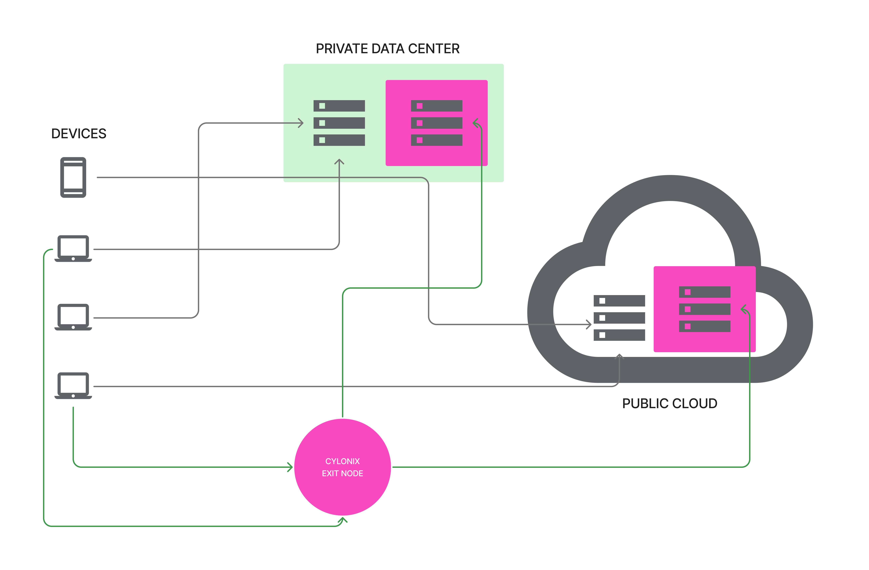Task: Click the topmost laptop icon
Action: (x=73, y=249)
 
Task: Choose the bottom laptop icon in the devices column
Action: (x=73, y=385)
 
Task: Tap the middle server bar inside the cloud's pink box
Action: (x=704, y=309)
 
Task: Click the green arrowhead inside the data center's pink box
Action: (x=476, y=123)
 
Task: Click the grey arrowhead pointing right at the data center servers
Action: (x=301, y=123)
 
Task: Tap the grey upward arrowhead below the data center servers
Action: (x=339, y=161)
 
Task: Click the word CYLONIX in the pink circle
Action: (x=342, y=461)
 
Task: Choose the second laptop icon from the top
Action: (x=73, y=317)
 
